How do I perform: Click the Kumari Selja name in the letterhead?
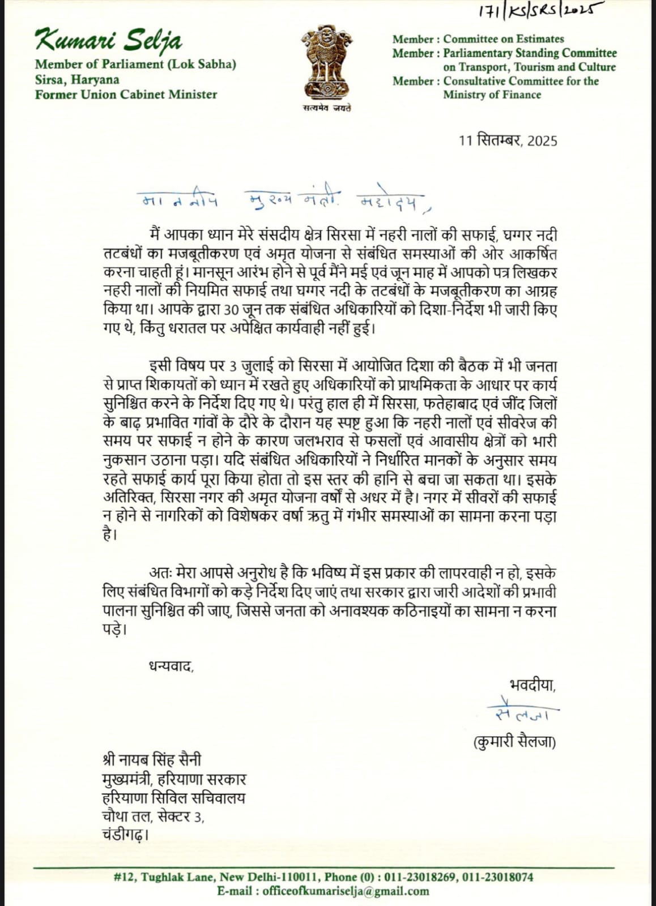(108, 41)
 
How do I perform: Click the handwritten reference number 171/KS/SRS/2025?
(532, 10)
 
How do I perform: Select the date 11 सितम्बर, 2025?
(508, 140)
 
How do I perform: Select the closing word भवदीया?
(532, 685)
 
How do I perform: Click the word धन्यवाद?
(171, 665)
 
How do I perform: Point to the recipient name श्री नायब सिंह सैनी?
(151, 760)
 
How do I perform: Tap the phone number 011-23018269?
(419, 877)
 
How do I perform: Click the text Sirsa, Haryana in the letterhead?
(77, 79)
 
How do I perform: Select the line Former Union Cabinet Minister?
(126, 94)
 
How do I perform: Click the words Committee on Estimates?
(504, 39)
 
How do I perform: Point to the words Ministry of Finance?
(492, 95)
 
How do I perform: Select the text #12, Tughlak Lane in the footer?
(164, 877)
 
